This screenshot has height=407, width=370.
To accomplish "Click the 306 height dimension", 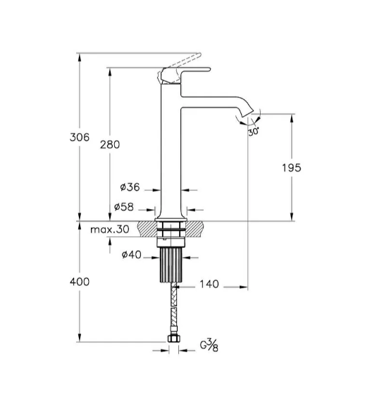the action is tap(80, 137).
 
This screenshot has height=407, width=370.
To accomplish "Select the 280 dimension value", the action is tap(110, 144).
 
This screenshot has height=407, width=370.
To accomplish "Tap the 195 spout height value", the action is tap(292, 168).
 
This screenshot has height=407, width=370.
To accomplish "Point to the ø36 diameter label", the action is tap(130, 187).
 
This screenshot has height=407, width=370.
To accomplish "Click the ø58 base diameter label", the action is tap(123, 206).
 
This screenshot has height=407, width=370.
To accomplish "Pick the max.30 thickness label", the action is tap(110, 230).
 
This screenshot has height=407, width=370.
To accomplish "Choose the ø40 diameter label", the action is tap(132, 255).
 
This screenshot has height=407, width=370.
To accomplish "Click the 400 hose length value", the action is tap(80, 282).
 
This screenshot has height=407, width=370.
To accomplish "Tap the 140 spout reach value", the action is tap(209, 284).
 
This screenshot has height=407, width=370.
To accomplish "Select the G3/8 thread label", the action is tap(209, 346).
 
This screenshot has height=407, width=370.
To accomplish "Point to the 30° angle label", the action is tap(253, 132).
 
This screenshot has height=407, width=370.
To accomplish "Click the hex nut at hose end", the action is tap(173, 339).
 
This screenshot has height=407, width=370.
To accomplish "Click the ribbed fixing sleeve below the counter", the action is tap(171, 265).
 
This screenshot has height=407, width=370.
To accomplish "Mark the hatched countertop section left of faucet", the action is tap(147, 229).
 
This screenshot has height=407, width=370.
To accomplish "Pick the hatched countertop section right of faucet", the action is tap(195, 229).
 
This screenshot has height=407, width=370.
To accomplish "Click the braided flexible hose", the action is tap(173, 308).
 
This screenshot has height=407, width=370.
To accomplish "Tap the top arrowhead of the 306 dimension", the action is tap(80, 57).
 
